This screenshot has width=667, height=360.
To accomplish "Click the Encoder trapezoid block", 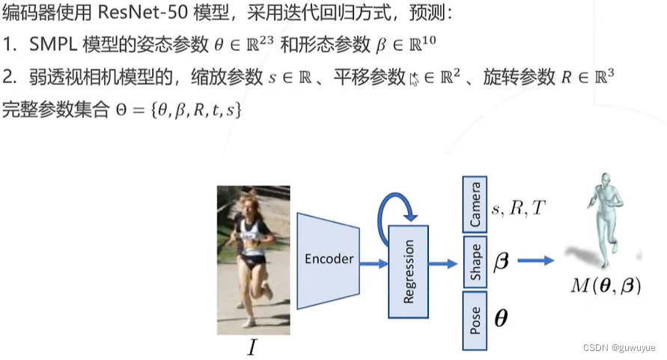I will [x=329, y=260].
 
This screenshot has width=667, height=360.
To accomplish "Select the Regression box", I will [x=409, y=269].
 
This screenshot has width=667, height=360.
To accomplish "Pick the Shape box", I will [x=475, y=261].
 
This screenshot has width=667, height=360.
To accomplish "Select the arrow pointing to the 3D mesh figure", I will [x=536, y=260].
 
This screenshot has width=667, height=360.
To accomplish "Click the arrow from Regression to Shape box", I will [x=445, y=262].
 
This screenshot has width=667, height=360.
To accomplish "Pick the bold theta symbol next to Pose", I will [x=501, y=319].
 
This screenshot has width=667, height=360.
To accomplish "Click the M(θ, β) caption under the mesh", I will [x=606, y=284].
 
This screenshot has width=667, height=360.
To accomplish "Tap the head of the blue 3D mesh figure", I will [x=604, y=180].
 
